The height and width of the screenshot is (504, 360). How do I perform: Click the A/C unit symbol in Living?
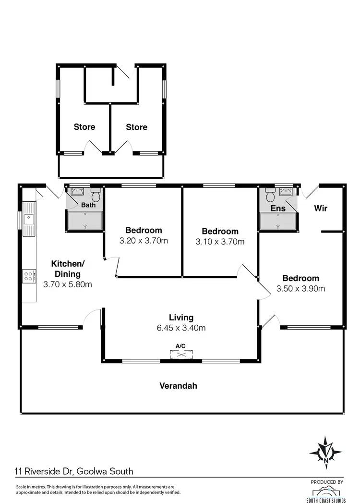[x=181, y=354]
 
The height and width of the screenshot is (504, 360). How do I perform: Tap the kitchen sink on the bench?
[x=29, y=220]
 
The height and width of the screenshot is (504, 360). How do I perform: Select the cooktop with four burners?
[x=28, y=276]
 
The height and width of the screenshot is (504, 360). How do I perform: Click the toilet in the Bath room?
[x=96, y=195]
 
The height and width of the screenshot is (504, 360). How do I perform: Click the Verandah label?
[x=178, y=385]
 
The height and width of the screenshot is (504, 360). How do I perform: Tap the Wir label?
[x=321, y=208]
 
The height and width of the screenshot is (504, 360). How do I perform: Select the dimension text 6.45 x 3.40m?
[x=181, y=328]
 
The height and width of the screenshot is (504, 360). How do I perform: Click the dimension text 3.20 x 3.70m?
[x=144, y=241]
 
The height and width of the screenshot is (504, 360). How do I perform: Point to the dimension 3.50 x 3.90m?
[x=300, y=289]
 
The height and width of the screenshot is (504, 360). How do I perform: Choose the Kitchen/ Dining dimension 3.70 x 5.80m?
[x=68, y=284]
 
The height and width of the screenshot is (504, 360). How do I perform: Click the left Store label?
[x=84, y=127]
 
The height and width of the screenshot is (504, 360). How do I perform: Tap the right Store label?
[x=136, y=127]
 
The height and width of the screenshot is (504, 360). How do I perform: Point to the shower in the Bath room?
[x=85, y=221]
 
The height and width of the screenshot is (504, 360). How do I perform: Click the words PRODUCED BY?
[x=327, y=481]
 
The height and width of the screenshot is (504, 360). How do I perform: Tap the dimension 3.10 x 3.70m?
[x=220, y=242]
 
